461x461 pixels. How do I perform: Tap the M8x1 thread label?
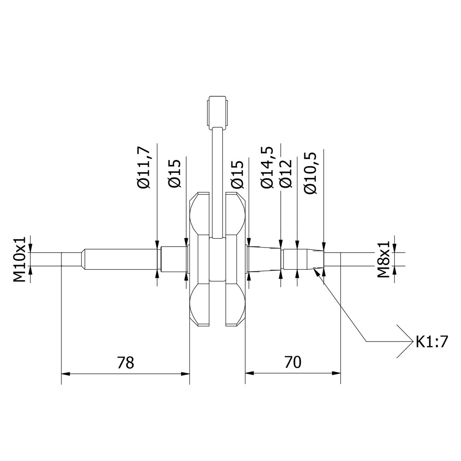[384, 259]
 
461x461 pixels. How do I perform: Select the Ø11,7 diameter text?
[144, 167]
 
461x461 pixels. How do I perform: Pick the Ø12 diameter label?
[286, 173]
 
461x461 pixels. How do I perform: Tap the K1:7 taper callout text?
[431, 342]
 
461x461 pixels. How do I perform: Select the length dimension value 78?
[125, 362]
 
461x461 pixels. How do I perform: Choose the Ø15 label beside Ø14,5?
[237, 174]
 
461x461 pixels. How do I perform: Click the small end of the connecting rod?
[217, 111]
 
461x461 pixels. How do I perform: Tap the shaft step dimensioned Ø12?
[290, 259]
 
